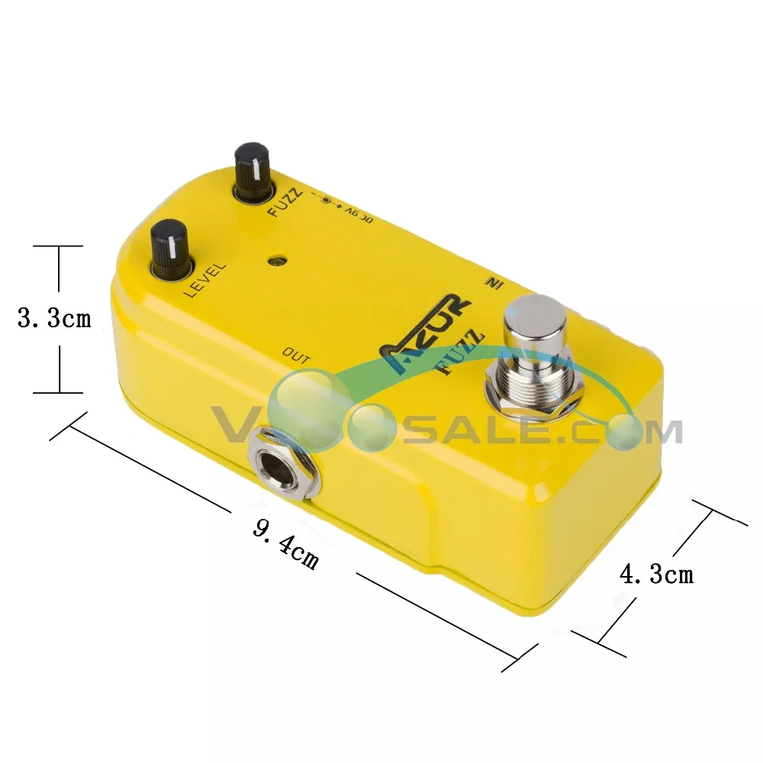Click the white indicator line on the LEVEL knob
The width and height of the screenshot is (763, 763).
(175, 252)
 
